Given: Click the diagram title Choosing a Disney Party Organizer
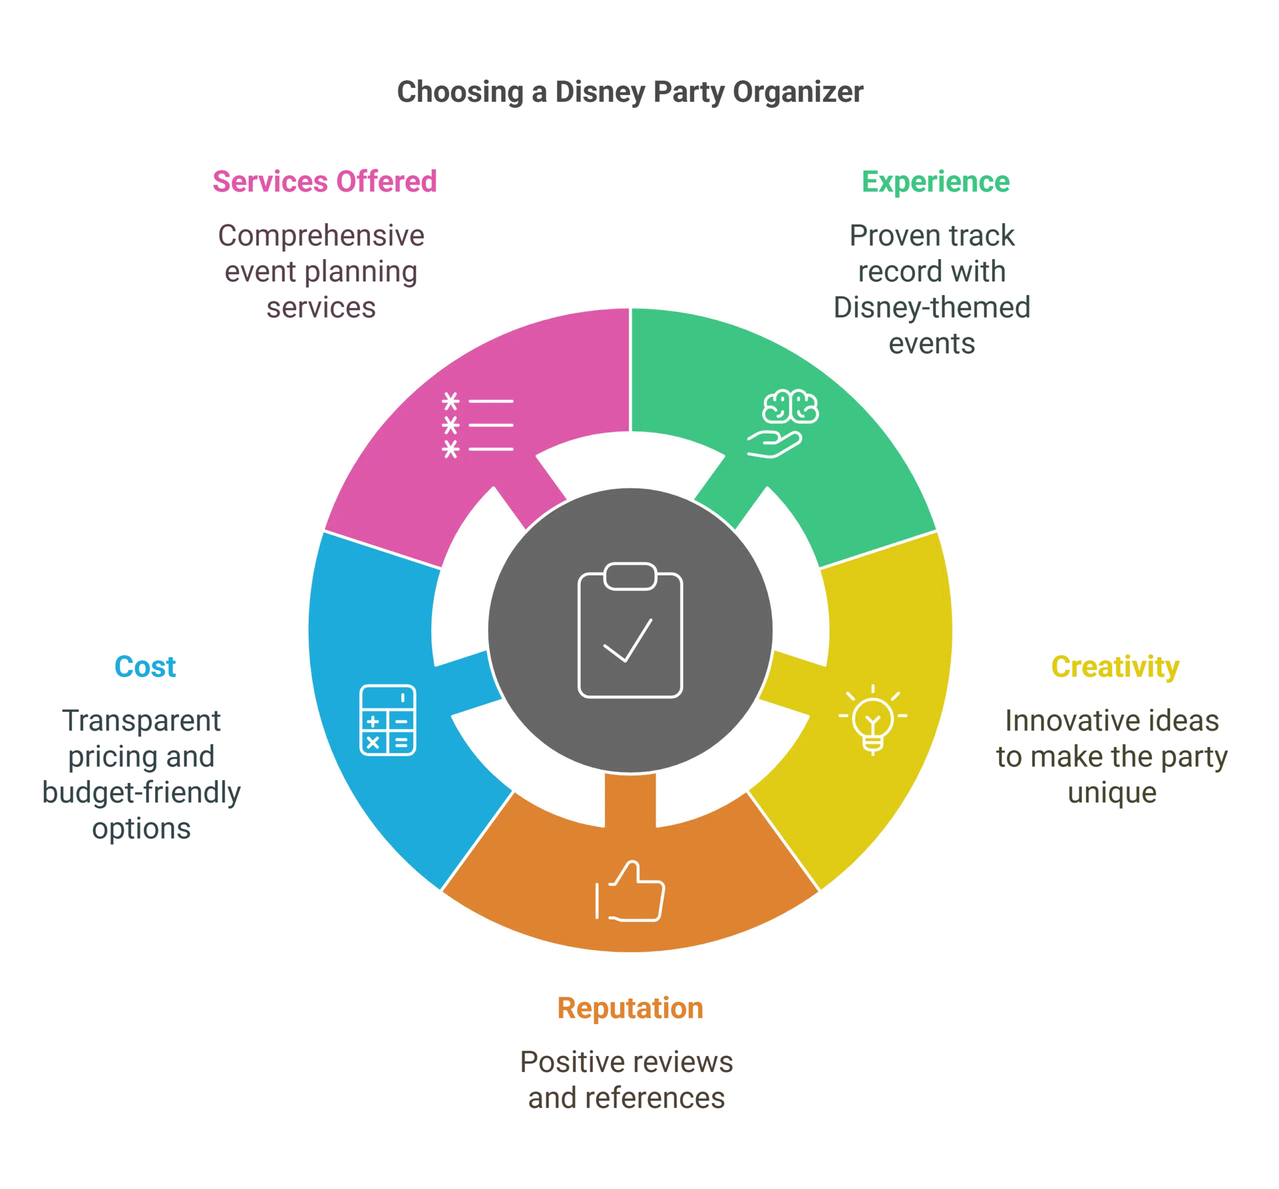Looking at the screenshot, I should click(631, 92).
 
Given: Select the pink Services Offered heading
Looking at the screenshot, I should click(325, 181).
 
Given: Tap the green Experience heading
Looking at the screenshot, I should click(935, 181).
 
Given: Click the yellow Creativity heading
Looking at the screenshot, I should click(1116, 666).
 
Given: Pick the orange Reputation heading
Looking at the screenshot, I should click(629, 1008).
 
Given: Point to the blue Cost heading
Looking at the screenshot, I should click(145, 666).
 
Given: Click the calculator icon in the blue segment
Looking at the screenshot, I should click(387, 720).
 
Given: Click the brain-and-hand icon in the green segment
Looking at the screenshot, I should click(782, 423).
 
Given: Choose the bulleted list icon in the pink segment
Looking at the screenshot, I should click(477, 425).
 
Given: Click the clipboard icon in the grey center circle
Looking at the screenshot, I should click(630, 630).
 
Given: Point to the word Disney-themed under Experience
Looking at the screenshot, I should click(930, 307).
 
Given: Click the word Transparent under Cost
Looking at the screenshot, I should click(141, 720).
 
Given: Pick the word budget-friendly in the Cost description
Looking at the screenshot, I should click(141, 792).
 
